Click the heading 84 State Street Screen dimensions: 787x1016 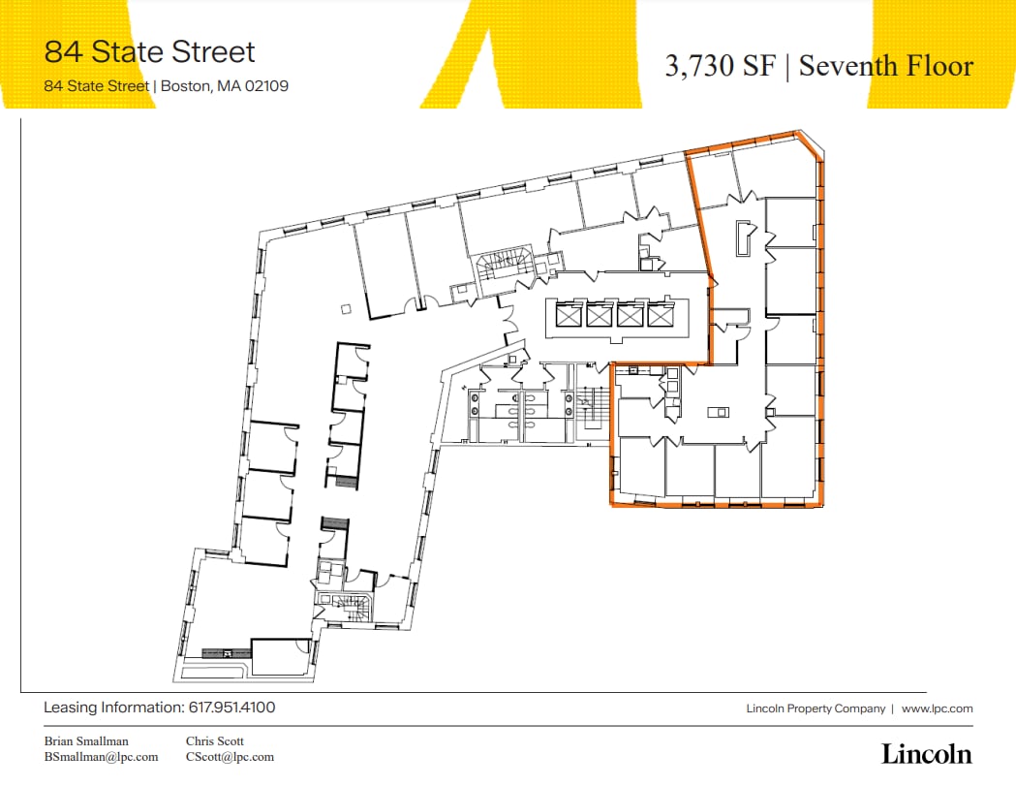point(150,51)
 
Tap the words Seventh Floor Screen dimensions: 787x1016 point(885,66)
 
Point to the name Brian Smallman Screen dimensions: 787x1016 point(86,741)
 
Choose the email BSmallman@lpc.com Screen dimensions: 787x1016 point(101,757)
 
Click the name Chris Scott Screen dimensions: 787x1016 point(215,741)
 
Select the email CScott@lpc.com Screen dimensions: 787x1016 point(230,757)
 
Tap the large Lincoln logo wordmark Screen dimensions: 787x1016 point(926,753)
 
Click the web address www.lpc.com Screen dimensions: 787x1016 point(937,708)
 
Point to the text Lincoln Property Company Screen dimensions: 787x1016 point(816,708)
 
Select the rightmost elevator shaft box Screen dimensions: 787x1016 point(661,315)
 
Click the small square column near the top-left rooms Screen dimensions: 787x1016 point(346,309)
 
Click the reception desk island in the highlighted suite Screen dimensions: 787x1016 point(717,412)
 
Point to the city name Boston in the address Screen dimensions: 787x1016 point(185,85)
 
